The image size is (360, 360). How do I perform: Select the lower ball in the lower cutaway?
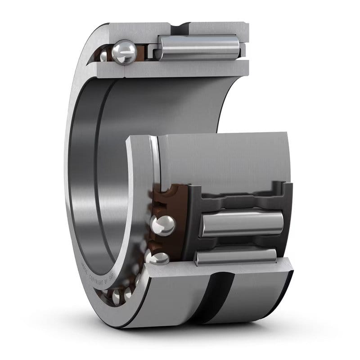pyautogui.click(x=157, y=258)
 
